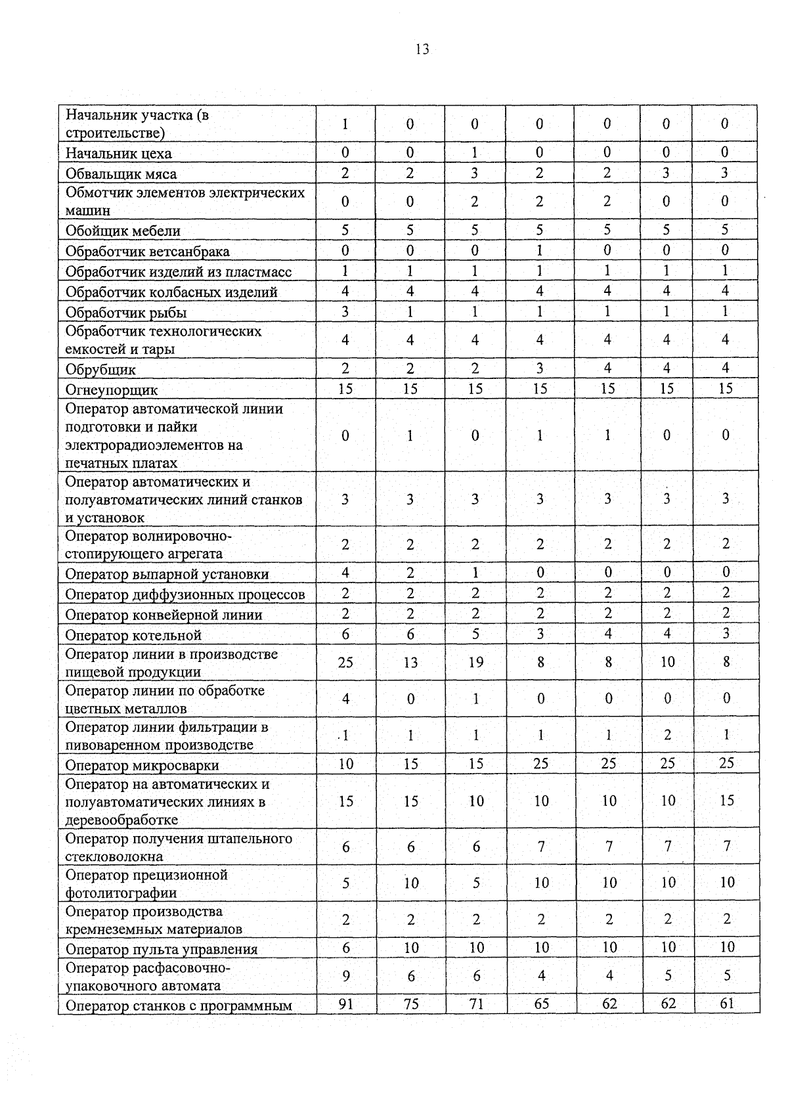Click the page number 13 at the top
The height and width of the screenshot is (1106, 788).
pyautogui.click(x=422, y=49)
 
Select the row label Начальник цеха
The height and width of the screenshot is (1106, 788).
pyautogui.click(x=118, y=154)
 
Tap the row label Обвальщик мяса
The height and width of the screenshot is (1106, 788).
pyautogui.click(x=121, y=174)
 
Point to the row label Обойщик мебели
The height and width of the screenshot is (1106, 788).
pyautogui.click(x=123, y=231)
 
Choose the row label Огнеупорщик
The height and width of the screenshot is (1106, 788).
pyautogui.click(x=112, y=390)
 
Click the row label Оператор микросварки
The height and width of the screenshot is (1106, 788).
pyautogui.click(x=142, y=765)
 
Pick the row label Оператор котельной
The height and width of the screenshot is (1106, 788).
pyautogui.click(x=133, y=635)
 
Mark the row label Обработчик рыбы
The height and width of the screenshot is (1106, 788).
pyautogui.click(x=126, y=313)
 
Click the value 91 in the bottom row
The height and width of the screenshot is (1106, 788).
pyautogui.click(x=345, y=1004)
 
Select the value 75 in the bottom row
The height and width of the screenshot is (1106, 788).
pyautogui.click(x=411, y=1004)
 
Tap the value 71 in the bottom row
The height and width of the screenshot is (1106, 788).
pyautogui.click(x=476, y=1004)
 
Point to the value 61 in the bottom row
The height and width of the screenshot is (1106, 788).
pyautogui.click(x=726, y=1003)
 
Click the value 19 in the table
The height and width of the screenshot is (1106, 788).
pyautogui.click(x=476, y=662)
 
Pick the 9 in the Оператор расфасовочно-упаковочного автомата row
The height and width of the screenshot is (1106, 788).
pyautogui.click(x=345, y=976)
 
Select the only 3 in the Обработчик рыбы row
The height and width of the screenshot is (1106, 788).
pyautogui.click(x=345, y=311)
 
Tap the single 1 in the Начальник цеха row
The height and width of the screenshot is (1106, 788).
pyautogui.click(x=475, y=152)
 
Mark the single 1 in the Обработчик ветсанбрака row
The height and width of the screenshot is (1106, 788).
pyautogui.click(x=540, y=250)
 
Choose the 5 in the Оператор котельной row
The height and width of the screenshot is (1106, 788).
pyautogui.click(x=475, y=634)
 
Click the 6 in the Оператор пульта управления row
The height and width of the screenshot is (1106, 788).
pyautogui.click(x=345, y=947)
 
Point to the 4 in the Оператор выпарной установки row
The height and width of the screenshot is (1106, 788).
pyautogui.click(x=345, y=573)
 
